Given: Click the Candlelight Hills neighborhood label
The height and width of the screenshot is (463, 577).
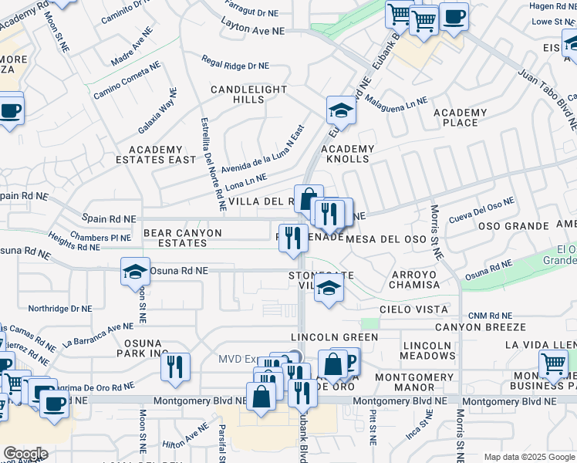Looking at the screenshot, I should point(249,95).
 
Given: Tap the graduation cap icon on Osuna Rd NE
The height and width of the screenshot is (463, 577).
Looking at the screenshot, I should point(135,272).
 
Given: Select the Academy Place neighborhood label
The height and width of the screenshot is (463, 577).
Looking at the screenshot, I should point(460,118).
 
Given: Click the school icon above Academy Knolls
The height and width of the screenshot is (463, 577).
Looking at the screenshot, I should point(340,112).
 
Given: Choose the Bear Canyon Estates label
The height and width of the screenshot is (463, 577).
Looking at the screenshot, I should point(182,238).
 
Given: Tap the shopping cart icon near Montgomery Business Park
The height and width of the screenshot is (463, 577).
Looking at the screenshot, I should point(553,363).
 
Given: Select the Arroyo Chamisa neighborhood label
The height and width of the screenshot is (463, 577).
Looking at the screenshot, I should point(414,279).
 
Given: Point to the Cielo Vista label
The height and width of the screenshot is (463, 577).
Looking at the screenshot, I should point(415,309).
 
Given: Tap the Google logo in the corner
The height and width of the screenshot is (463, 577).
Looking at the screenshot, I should point(25,453).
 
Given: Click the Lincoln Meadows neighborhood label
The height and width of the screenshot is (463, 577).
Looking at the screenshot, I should point(428,350).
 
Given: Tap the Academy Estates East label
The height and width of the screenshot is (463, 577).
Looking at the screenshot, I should point(162,154).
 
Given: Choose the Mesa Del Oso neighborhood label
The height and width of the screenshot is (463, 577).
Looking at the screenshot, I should point(386,239).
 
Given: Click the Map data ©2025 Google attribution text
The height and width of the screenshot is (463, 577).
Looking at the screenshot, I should point(528,457).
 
